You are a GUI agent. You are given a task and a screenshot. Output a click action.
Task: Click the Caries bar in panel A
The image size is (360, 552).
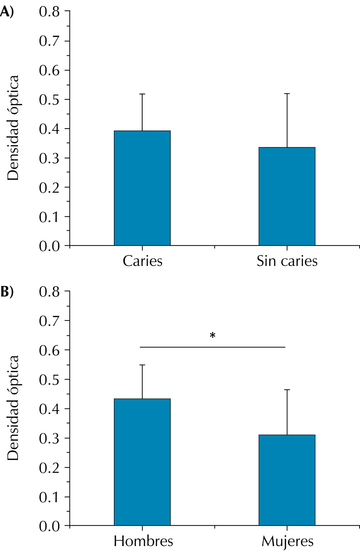click(x=142, y=188)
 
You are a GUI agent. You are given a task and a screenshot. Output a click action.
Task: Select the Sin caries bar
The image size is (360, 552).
click(x=287, y=196)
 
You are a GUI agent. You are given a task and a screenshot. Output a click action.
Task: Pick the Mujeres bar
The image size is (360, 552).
click(x=287, y=480)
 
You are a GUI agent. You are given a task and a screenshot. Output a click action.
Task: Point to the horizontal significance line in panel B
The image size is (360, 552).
click(x=212, y=347)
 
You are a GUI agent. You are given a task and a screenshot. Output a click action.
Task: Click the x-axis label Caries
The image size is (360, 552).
click(x=142, y=261)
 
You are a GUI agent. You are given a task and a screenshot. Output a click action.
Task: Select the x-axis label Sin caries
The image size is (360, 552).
click(x=287, y=261)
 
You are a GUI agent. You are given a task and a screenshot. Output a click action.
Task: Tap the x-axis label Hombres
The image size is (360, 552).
click(x=143, y=541)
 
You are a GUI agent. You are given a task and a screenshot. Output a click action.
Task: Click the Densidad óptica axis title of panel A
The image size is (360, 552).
click(x=13, y=128)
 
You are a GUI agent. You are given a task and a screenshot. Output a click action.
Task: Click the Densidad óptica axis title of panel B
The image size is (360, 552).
click(x=13, y=408)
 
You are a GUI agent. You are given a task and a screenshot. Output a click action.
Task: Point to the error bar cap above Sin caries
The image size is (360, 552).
click(x=287, y=94)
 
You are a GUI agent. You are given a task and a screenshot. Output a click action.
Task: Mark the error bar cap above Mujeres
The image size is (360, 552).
click(x=287, y=390)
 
